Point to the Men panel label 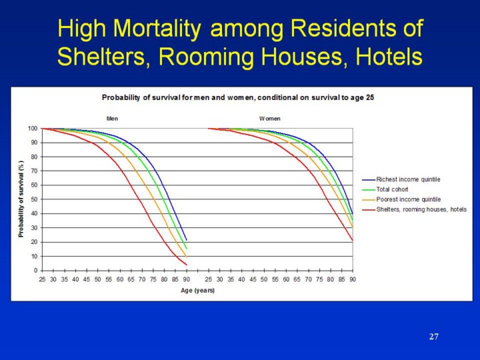112,119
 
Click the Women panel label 270,119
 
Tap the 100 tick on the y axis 33,129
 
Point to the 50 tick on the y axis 35,199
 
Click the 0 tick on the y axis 36,271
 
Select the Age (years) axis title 197,290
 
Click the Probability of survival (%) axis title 21,199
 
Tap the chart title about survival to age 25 238,97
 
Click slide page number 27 434,337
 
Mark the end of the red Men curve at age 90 187,265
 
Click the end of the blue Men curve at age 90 187,240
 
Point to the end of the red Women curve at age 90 353,241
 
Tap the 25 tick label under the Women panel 209,279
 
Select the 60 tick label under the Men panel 120,279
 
